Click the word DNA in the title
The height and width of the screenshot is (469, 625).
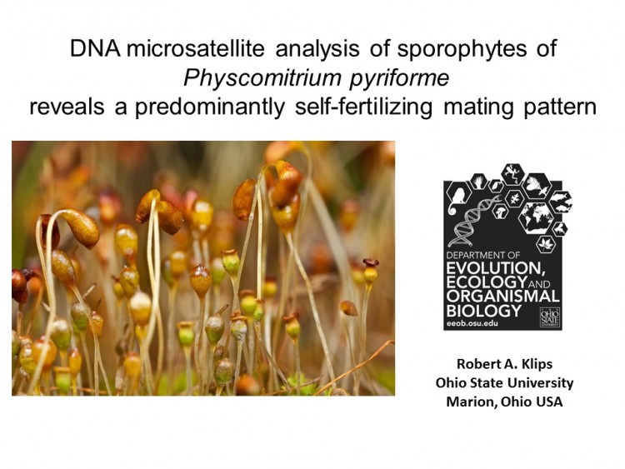pos(95,48)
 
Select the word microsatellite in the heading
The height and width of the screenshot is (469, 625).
pos(195,48)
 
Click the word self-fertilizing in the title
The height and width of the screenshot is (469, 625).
pos(363,107)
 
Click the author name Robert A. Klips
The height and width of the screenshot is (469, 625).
pos(504,364)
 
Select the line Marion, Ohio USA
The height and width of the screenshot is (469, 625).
pos(504,402)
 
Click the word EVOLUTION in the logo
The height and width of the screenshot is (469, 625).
pos(496,267)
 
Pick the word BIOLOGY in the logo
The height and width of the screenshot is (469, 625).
pos(484,311)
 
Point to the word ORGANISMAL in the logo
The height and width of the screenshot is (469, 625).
pos(503,297)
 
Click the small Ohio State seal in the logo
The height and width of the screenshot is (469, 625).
pos(550,317)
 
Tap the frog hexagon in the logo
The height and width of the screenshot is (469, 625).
pos(512,174)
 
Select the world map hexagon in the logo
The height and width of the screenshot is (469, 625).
pos(536,217)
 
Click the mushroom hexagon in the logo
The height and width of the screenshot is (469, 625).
pos(500,211)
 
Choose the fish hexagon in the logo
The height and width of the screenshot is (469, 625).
pos(561,202)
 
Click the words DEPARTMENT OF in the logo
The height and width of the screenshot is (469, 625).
pos(483,255)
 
